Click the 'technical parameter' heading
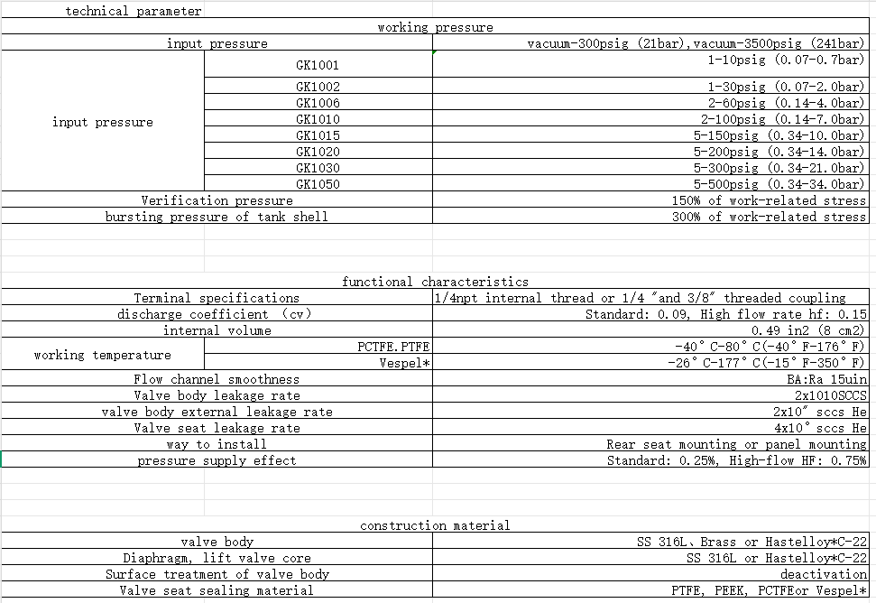click(134, 12)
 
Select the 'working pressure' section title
click(435, 28)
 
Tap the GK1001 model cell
click(318, 65)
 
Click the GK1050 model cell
click(318, 184)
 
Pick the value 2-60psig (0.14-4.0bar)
click(785, 103)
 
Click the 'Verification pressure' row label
click(217, 200)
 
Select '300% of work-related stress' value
click(769, 217)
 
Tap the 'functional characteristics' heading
click(435, 282)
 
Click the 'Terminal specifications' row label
click(217, 298)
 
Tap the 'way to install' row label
click(217, 444)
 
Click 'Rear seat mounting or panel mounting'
click(736, 444)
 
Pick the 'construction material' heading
click(435, 525)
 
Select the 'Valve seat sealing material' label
click(217, 590)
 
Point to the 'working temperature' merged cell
click(103, 355)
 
